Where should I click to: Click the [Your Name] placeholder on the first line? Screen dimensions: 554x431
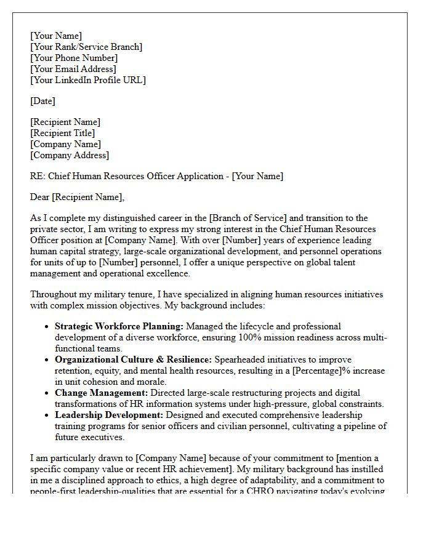(x=56, y=36)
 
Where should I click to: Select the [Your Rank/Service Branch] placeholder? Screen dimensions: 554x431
(x=86, y=47)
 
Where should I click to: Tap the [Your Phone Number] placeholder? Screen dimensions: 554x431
(x=74, y=58)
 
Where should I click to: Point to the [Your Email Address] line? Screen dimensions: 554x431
(x=73, y=69)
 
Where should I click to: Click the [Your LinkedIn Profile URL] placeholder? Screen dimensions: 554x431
(x=88, y=80)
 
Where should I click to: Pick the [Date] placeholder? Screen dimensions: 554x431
(x=42, y=101)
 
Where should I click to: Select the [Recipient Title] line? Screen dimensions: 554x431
(x=62, y=133)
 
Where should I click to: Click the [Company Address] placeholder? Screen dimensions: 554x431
(x=70, y=155)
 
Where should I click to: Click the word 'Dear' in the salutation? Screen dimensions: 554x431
(x=40, y=197)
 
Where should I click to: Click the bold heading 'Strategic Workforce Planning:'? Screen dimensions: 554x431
(x=119, y=326)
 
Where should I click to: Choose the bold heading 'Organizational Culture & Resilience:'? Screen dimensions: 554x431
(x=133, y=359)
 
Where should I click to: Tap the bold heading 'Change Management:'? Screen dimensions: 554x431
(x=101, y=393)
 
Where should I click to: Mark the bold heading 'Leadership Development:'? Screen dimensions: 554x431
(x=109, y=415)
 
